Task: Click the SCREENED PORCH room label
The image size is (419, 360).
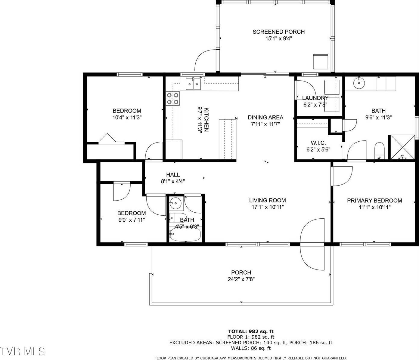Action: (278, 32)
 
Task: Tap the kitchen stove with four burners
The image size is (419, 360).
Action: (173, 98)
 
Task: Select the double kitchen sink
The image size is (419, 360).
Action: (193, 84)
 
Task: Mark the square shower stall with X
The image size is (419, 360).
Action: (402, 147)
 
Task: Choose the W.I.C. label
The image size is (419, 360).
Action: (318, 143)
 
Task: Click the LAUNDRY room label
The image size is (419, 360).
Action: (315, 98)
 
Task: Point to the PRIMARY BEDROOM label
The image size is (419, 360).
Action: (374, 201)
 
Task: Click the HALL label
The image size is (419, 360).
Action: (173, 175)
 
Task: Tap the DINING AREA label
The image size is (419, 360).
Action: (265, 117)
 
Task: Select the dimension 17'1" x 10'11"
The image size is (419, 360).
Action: (267, 207)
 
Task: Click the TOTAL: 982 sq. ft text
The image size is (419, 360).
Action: (251, 332)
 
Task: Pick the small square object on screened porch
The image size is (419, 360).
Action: (320, 61)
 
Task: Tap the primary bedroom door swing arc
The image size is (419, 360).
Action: (342, 176)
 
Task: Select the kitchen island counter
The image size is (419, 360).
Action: (228, 139)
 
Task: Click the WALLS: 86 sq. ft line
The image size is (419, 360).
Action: (251, 348)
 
